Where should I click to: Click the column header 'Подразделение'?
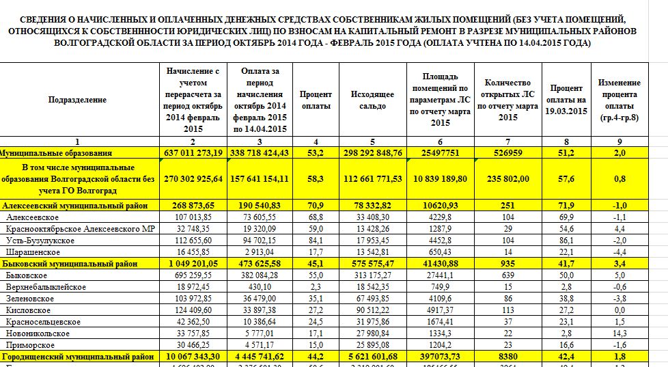tap(77, 100)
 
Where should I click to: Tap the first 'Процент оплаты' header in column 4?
tap(316, 100)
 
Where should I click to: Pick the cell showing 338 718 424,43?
tap(262, 152)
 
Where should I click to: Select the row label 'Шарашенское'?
tap(31, 252)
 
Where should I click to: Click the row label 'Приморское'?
tap(28, 344)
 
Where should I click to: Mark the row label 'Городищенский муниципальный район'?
tap(76, 356)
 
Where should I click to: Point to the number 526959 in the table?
tap(507, 152)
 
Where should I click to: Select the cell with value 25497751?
tap(441, 152)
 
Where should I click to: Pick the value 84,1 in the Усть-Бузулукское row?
tap(316, 240)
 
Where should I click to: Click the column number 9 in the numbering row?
tap(620, 141)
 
